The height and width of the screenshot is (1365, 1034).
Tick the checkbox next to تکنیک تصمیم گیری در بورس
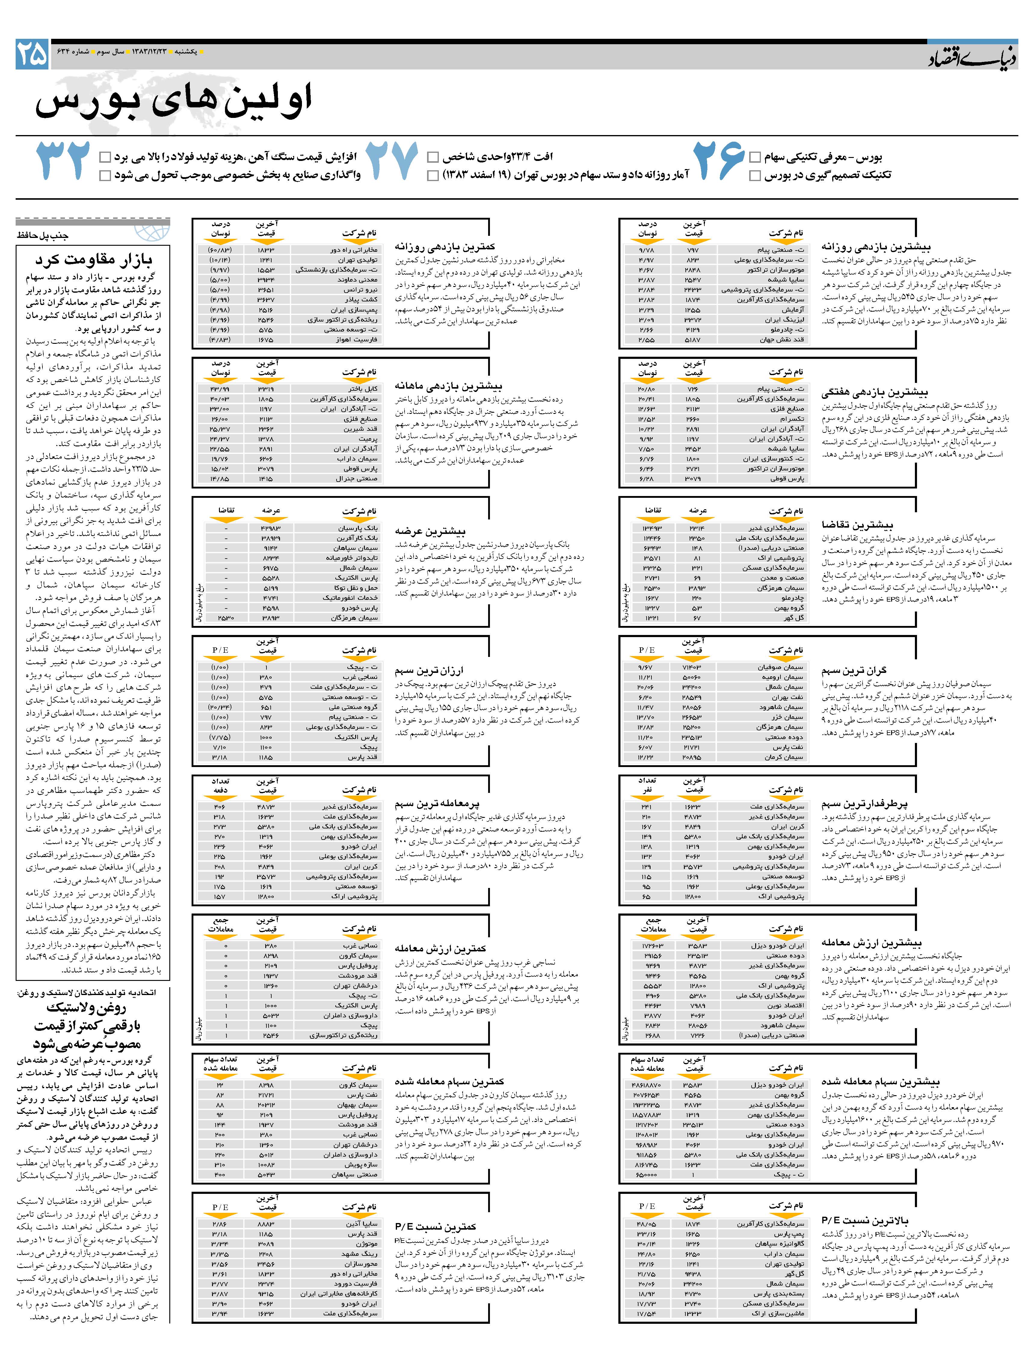[755, 176]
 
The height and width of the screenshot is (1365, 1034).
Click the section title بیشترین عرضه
[430, 531]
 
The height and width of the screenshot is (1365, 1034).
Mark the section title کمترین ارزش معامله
[441, 948]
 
